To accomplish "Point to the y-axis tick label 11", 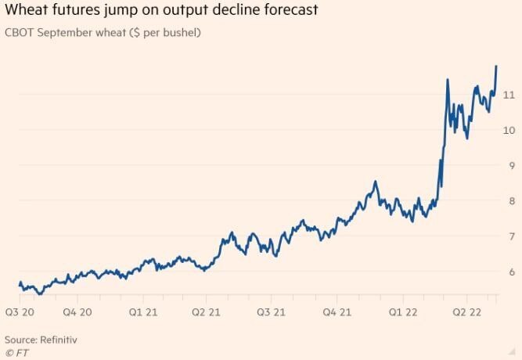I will (509, 95).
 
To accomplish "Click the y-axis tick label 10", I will (509, 130).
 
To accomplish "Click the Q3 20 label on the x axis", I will (18, 311).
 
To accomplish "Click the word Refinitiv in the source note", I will (59, 340).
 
